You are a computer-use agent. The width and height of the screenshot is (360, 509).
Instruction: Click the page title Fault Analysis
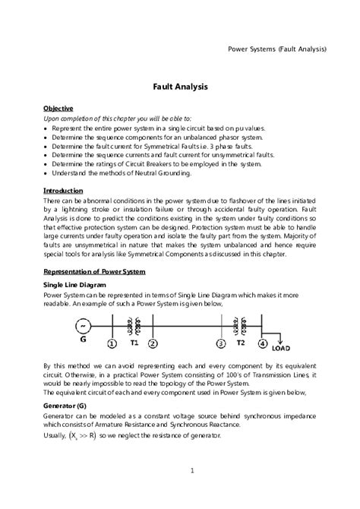(x=180, y=87)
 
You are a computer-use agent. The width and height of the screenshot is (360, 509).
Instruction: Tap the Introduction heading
(x=63, y=190)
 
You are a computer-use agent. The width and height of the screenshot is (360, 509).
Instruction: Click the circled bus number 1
(x=112, y=343)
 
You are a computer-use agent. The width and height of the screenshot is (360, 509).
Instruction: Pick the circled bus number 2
(x=153, y=343)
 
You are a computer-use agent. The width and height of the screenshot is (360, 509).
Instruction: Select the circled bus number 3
(x=221, y=343)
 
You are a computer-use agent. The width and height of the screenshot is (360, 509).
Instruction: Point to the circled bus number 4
(x=262, y=343)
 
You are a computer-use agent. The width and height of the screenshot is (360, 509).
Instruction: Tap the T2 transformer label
(x=241, y=342)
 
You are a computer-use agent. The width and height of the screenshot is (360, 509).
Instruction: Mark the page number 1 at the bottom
(x=193, y=470)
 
